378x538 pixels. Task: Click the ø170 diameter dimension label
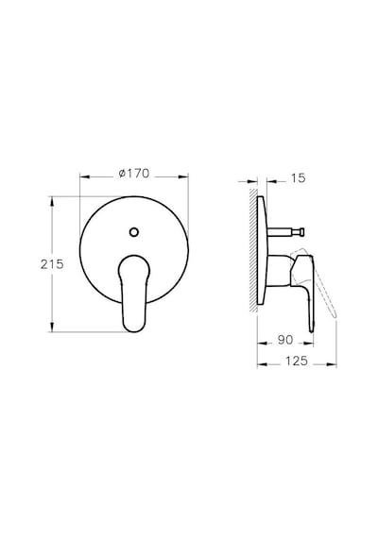pos(134,174)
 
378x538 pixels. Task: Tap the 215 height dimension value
pos(52,264)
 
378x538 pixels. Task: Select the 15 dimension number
pos(298,178)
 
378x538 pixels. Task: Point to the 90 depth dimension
pos(285,340)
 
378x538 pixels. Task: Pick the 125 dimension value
pos(296,361)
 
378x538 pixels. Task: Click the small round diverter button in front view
pos(134,232)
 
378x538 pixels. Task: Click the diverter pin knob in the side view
pos(301,232)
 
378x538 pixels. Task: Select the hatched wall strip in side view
pos(253,250)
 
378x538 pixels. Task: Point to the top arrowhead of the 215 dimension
pos(52,201)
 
